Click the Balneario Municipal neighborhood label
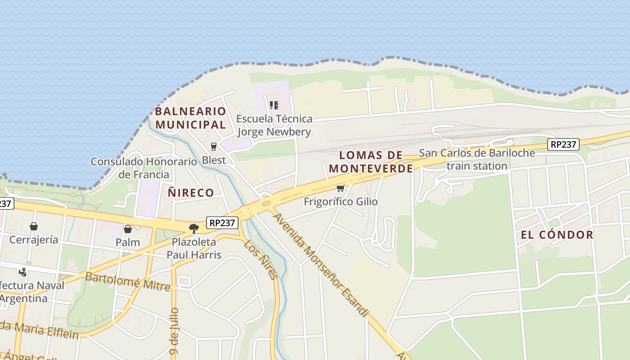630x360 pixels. pyautogui.click(x=190, y=117)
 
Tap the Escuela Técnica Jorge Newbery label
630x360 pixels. pyautogui.click(x=274, y=125)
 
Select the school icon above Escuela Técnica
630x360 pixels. pyautogui.click(x=274, y=105)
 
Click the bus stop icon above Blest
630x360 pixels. pyautogui.click(x=214, y=146)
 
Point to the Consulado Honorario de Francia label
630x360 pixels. pyautogui.click(x=144, y=168)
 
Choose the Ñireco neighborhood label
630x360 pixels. pyautogui.click(x=191, y=193)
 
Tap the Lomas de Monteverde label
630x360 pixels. pyautogui.click(x=371, y=162)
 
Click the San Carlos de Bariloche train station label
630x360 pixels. pyautogui.click(x=477, y=159)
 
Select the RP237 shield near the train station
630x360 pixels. pyautogui.click(x=563, y=144)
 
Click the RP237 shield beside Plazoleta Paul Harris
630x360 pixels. pyautogui.click(x=222, y=222)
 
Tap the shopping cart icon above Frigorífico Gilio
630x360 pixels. pyautogui.click(x=341, y=188)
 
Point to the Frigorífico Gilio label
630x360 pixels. pyautogui.click(x=341, y=202)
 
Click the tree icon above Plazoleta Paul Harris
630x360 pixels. pyautogui.click(x=194, y=229)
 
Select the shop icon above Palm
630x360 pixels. pyautogui.click(x=128, y=229)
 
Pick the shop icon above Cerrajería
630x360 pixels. pyautogui.click(x=34, y=226)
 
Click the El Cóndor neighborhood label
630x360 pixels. pyautogui.click(x=557, y=234)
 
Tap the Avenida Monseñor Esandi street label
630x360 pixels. pyautogui.click(x=321, y=264)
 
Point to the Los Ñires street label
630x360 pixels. pyautogui.click(x=261, y=259)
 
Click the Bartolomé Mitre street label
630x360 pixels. pyautogui.click(x=128, y=281)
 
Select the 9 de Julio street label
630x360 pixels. pyautogui.click(x=175, y=332)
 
